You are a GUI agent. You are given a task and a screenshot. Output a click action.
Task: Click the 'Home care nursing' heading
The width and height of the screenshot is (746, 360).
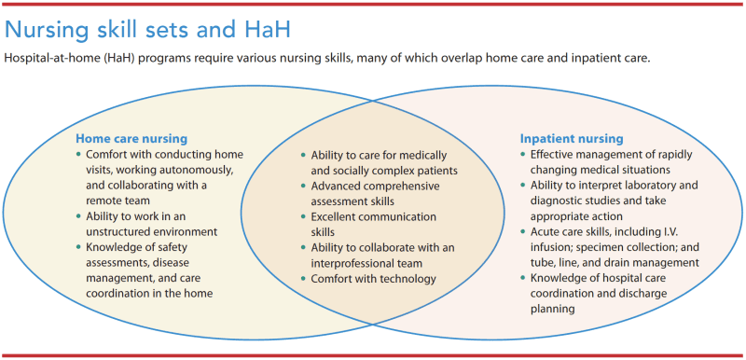click(x=131, y=138)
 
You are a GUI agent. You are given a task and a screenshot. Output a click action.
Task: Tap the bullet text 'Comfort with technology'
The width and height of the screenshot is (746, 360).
click(x=373, y=278)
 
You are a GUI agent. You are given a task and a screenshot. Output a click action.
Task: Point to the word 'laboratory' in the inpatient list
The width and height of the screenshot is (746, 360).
click(x=650, y=185)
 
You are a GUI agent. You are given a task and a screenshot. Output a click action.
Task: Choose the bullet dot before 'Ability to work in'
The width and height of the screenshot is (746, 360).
click(x=78, y=216)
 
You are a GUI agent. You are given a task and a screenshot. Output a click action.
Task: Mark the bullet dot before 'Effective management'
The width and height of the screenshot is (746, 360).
click(x=522, y=154)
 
